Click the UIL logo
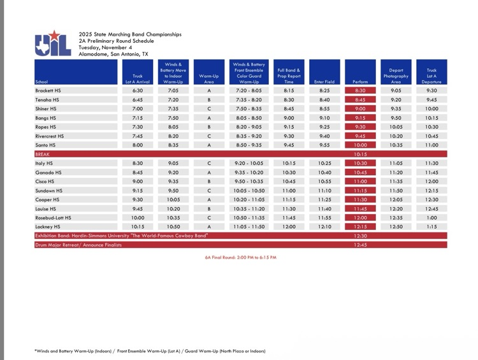(x=48, y=43)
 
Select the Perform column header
(x=360, y=82)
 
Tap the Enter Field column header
(x=324, y=82)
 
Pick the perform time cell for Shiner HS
(x=360, y=109)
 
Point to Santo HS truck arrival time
(x=138, y=145)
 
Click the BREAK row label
(x=43, y=154)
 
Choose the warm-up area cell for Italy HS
(x=209, y=163)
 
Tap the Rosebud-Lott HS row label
(x=54, y=217)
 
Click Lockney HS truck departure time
(x=431, y=227)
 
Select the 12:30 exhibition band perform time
(x=360, y=236)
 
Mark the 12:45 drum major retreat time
(x=360, y=245)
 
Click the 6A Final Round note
(x=241, y=257)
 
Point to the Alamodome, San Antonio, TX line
(x=113, y=54)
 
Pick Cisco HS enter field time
(x=324, y=182)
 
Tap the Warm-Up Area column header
(x=209, y=79)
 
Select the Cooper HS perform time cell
(x=360, y=199)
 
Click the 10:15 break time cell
(x=360, y=154)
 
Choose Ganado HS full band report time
(x=289, y=172)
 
